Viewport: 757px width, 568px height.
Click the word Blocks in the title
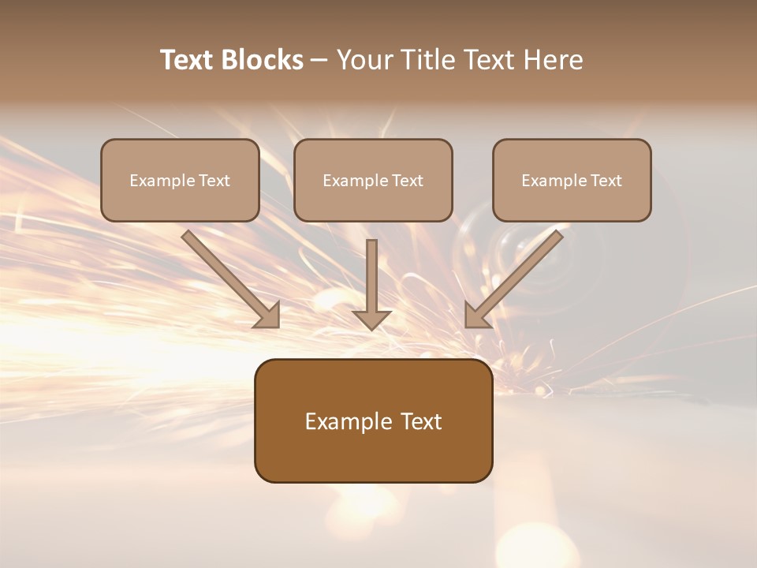(262, 60)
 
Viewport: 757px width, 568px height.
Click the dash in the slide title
(319, 61)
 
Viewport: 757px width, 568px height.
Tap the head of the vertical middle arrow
(371, 319)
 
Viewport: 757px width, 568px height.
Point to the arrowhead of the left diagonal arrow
(269, 316)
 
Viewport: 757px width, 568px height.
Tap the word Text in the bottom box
(420, 421)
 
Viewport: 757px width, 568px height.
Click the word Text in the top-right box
(606, 181)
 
